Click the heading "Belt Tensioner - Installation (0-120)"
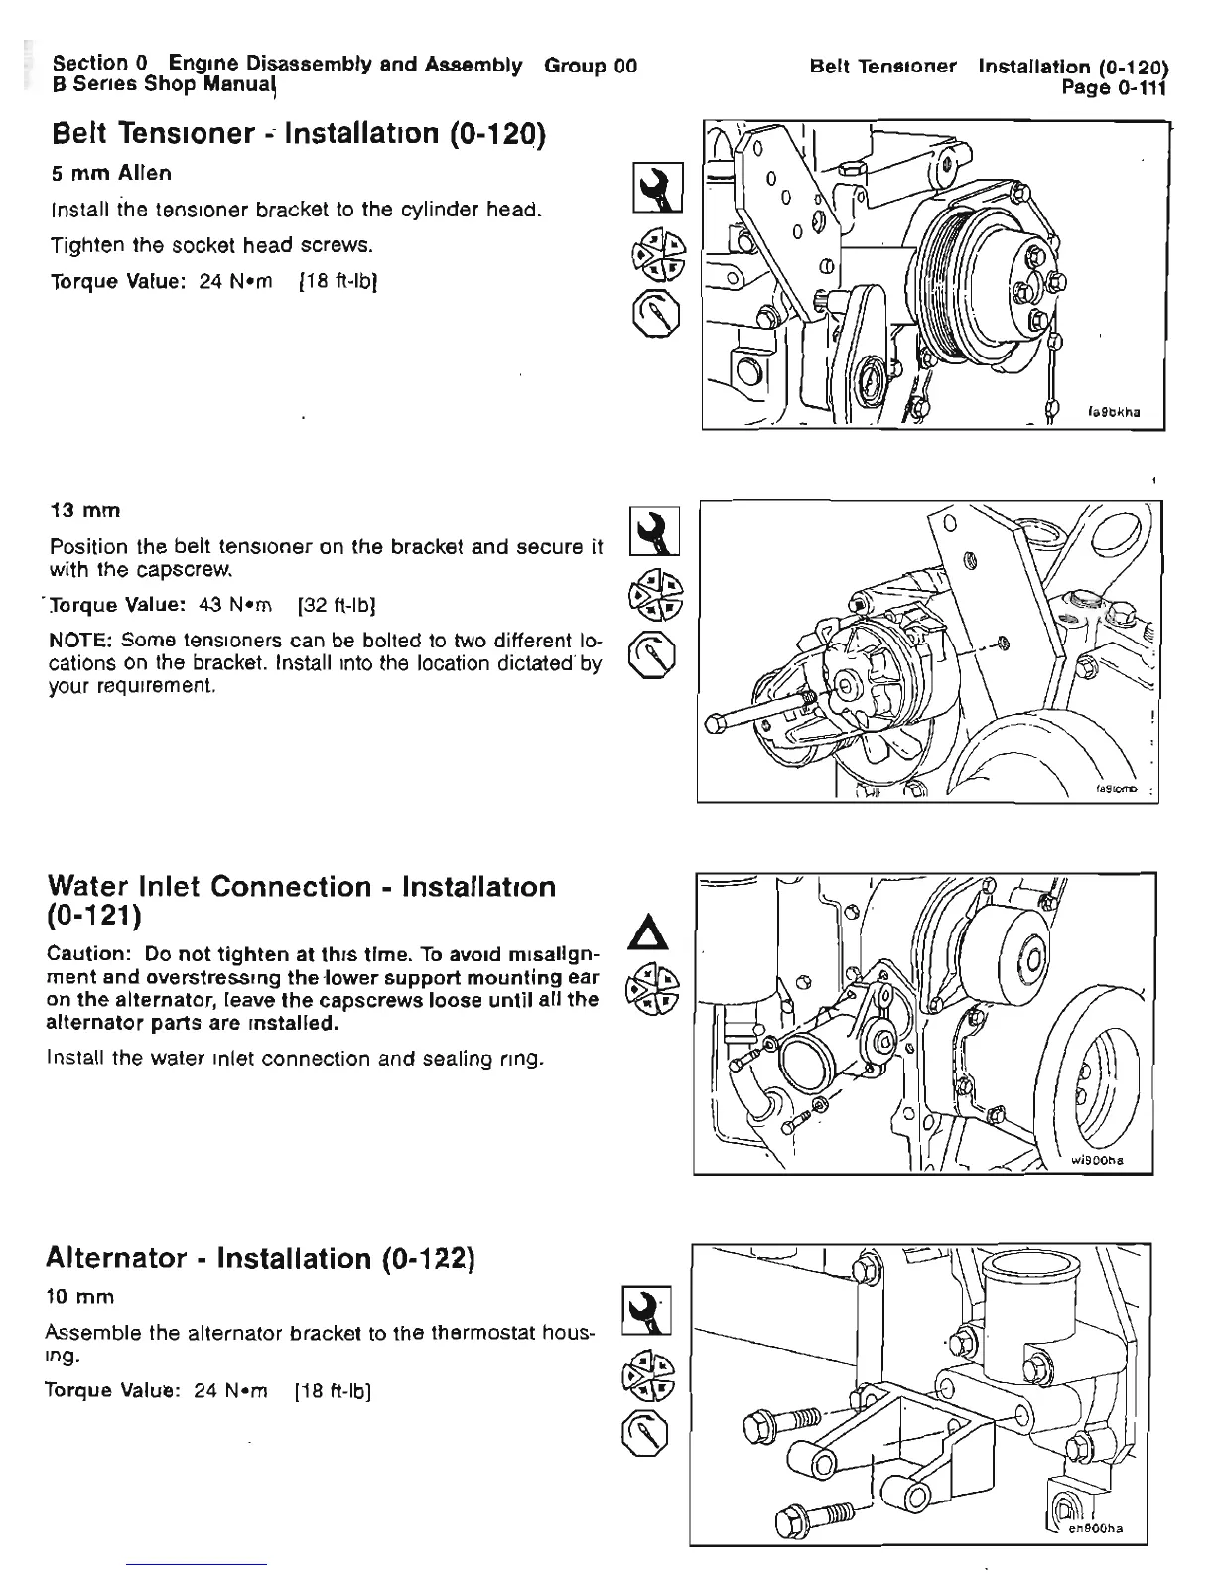[x=299, y=133]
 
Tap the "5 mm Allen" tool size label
[x=111, y=173]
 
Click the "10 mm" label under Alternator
[x=80, y=1296]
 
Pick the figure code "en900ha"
[x=1098, y=1528]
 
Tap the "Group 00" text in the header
[x=591, y=66]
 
